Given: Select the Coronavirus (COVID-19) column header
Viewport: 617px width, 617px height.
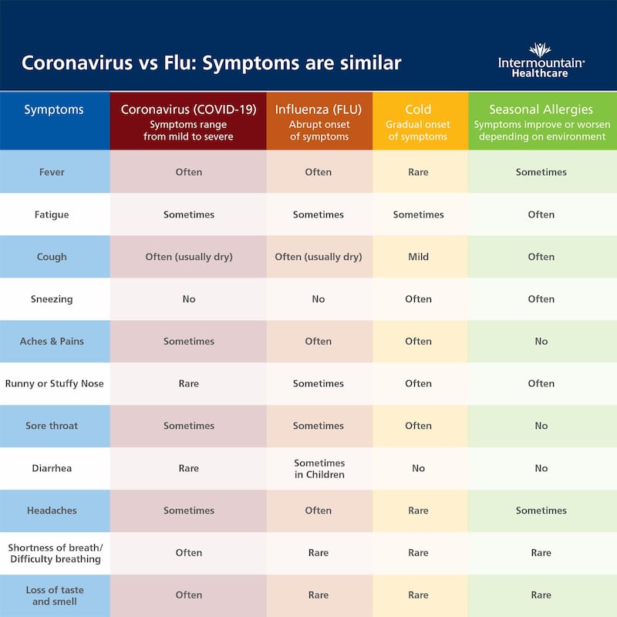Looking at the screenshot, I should coord(188,121).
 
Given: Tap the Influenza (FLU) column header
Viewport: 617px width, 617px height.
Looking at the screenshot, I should coord(319,121).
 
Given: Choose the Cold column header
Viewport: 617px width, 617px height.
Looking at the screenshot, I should coord(418,121).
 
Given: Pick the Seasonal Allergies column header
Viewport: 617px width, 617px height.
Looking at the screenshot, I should coord(541,121).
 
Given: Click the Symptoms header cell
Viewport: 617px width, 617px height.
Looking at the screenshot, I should coord(54,110).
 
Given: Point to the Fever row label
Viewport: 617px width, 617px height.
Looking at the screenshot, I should coord(52,172).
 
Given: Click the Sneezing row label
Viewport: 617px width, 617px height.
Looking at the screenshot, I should coord(52,299).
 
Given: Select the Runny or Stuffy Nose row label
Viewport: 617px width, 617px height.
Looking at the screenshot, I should coord(54,383).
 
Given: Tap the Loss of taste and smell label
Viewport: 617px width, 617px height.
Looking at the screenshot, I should coord(54,595).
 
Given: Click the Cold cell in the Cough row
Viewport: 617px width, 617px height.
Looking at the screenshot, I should coord(418,257).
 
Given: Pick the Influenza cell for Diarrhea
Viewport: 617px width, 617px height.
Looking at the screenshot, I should coord(319,468).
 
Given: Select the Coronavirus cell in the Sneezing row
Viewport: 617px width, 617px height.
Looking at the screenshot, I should coord(189,299).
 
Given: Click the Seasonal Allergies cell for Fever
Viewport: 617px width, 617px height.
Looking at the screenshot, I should coord(541,172).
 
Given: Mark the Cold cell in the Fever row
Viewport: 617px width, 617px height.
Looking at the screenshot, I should coord(418,172).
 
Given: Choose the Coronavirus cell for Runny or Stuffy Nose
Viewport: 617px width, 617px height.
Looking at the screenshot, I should coord(189,383).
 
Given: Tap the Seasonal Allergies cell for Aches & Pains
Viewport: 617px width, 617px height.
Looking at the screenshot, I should coord(541,341).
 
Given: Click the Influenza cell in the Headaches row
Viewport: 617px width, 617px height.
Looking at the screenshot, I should coord(319,511).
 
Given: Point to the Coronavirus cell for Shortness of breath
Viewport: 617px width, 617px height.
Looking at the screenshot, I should coord(189,552).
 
